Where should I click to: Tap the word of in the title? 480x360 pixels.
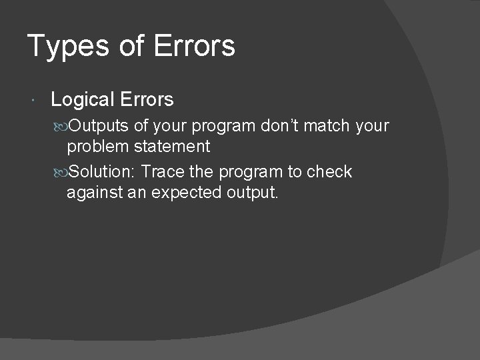click(130, 46)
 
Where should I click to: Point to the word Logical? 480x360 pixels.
click(83, 100)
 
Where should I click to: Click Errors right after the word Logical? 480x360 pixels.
click(147, 100)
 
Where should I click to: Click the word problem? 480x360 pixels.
click(98, 147)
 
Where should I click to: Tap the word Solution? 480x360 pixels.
click(103, 172)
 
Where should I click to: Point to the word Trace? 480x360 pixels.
click(163, 172)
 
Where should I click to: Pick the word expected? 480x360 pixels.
click(185, 193)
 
